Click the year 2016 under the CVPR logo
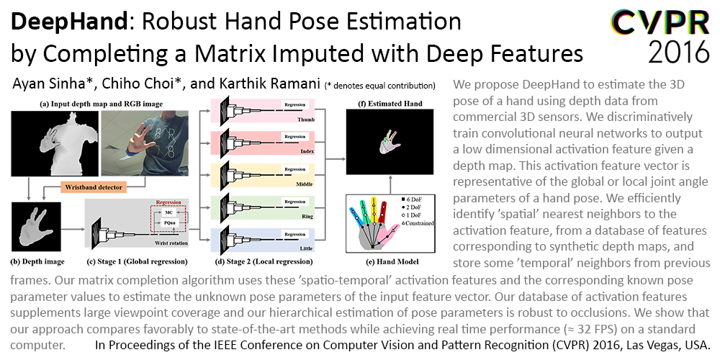click(x=679, y=51)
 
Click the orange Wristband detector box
click(x=93, y=187)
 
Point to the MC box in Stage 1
click(x=168, y=213)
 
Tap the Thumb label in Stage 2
click(x=303, y=119)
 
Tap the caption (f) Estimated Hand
click(x=390, y=104)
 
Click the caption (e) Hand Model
click(x=390, y=262)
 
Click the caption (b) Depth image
click(x=37, y=262)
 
